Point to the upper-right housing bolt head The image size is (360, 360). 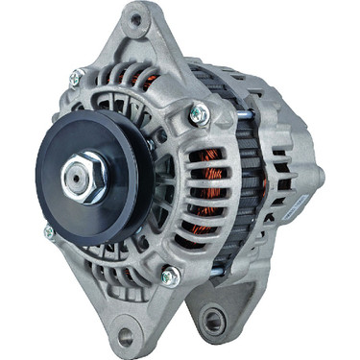[200, 114]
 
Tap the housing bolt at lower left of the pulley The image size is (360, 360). [49, 233]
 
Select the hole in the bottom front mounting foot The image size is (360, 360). [122, 335]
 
